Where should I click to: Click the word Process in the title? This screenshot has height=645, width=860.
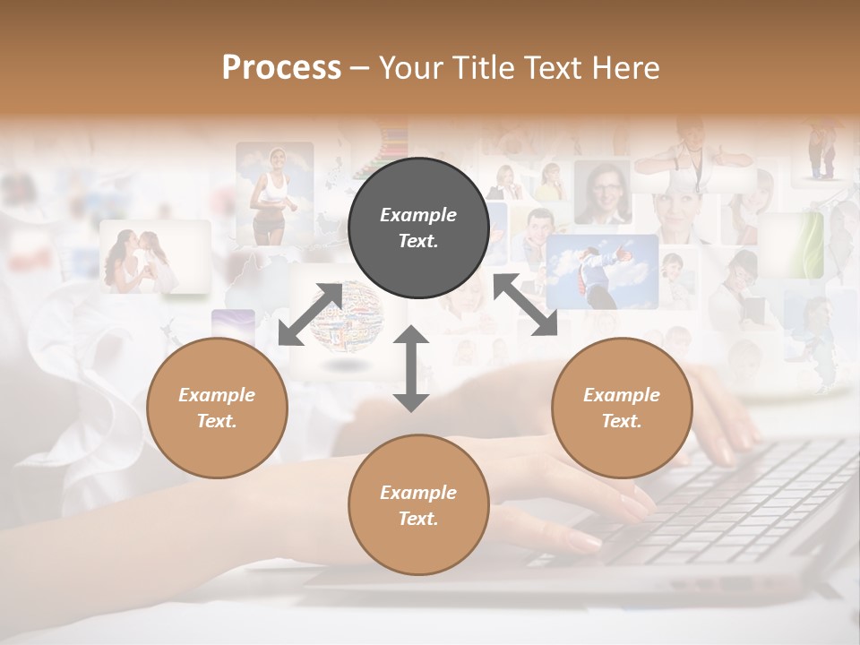[x=281, y=68]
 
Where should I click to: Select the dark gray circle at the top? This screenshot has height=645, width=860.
[x=418, y=228]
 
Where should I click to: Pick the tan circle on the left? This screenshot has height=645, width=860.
[x=217, y=408]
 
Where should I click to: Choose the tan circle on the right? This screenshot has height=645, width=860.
[x=622, y=408]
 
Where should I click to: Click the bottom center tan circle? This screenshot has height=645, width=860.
[x=418, y=505]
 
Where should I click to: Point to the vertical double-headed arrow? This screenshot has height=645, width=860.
[x=411, y=368]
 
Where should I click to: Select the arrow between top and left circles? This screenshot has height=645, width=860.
[x=310, y=314]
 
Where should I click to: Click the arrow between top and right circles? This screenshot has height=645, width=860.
[x=525, y=305]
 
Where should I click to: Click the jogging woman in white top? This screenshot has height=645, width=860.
[x=272, y=193]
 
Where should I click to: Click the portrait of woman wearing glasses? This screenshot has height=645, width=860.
[x=602, y=192]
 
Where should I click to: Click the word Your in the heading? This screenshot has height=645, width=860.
[x=407, y=68]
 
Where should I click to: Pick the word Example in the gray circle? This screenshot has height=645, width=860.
[x=418, y=215]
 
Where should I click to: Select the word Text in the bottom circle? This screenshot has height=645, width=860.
[x=417, y=519]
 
